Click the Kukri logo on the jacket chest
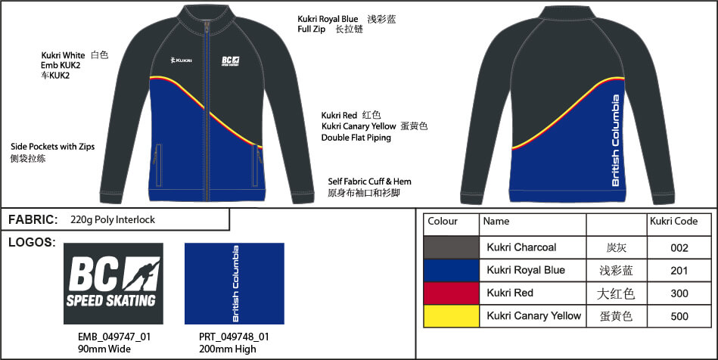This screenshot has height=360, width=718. [181, 61]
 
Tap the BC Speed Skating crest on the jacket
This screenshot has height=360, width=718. [231, 62]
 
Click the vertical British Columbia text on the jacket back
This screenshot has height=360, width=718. [616, 141]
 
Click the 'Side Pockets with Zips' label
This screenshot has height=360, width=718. [52, 147]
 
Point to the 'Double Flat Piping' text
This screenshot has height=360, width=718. [357, 138]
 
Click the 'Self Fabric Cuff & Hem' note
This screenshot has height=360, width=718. [369, 182]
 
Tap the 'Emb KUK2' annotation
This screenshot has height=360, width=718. [61, 65]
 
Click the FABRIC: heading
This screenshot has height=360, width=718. [33, 220]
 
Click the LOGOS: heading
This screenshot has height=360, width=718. [30, 242]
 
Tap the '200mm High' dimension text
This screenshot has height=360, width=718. [235, 349]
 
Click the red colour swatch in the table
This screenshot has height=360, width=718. [451, 293]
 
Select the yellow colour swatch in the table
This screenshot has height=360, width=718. [451, 315]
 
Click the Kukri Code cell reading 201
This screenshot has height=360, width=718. [679, 270]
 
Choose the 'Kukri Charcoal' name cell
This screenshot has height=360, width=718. [521, 247]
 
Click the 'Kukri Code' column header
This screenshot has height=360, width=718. [673, 222]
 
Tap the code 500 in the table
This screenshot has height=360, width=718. [679, 316]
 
